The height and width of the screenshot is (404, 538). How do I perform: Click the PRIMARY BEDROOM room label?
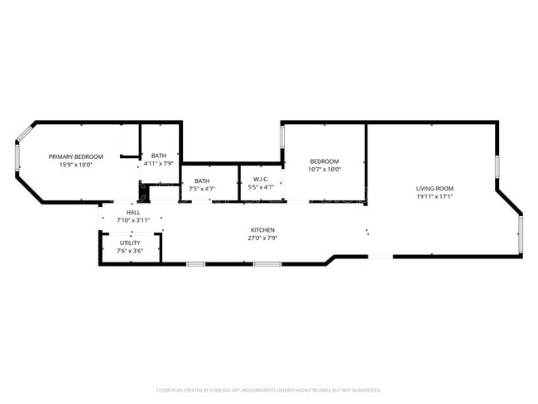[x=75, y=156]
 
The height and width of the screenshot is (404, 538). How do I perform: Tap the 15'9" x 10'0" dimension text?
[x=75, y=165]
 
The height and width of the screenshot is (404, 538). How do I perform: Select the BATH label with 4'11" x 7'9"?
[x=158, y=155]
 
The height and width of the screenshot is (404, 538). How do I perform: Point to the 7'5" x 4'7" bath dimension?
[x=202, y=189]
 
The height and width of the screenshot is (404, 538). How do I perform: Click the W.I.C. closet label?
[x=261, y=179]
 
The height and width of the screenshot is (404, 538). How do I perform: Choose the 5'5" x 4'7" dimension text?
[x=261, y=187]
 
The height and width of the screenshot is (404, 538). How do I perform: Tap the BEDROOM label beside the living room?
[x=324, y=161]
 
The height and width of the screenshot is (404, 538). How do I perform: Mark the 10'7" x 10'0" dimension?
[x=324, y=169]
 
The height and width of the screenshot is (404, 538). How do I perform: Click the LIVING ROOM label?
[x=435, y=188]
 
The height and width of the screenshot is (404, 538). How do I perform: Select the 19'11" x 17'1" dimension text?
[x=435, y=197]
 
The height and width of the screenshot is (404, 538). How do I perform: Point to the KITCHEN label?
[x=263, y=229]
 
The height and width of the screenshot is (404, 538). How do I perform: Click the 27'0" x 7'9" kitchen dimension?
[x=263, y=238]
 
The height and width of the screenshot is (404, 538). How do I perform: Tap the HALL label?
[x=133, y=212]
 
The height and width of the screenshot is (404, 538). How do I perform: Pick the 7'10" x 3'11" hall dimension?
[x=133, y=220]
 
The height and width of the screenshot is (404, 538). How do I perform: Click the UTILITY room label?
[x=130, y=243]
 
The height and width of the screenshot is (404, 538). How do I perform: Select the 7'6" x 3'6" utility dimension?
[x=130, y=251]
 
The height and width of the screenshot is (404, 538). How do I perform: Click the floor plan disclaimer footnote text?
[x=269, y=389]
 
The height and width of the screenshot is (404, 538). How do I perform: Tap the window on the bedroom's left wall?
[x=282, y=137]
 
